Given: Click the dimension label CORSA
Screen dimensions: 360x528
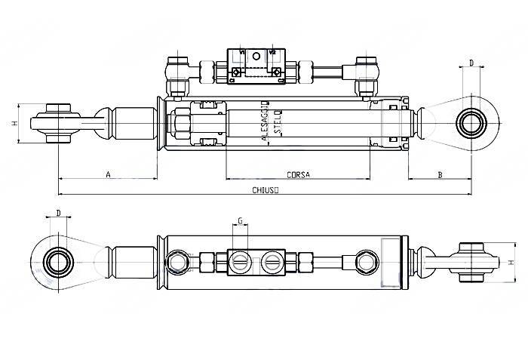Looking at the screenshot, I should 298,174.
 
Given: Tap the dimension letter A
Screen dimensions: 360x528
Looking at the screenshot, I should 108,174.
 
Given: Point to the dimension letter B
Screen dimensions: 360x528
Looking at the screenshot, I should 440,174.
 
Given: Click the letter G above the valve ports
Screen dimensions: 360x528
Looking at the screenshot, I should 240,221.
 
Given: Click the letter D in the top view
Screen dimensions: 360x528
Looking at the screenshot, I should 471,63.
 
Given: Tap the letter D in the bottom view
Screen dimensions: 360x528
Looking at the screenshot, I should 58,213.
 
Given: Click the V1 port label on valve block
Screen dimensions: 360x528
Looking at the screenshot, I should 242,54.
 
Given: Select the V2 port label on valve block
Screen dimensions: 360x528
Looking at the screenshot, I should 272,54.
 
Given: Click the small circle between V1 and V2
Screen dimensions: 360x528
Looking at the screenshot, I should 256,56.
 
